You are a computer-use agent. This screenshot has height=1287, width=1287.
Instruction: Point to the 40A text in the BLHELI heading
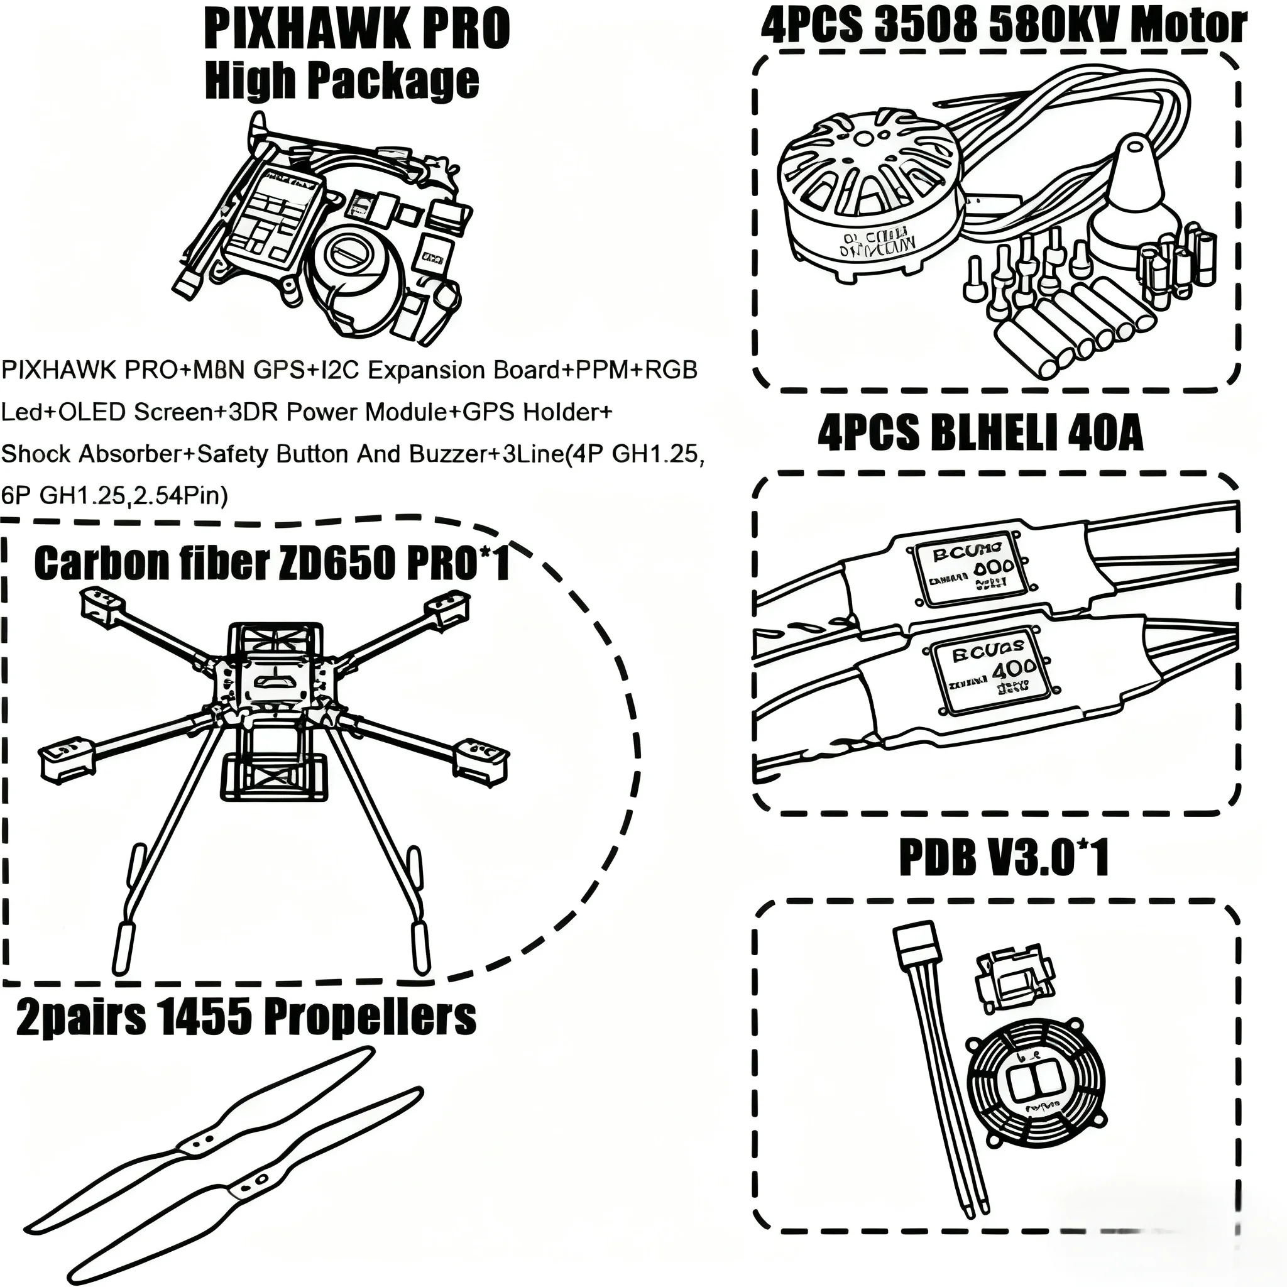point(1105,434)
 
